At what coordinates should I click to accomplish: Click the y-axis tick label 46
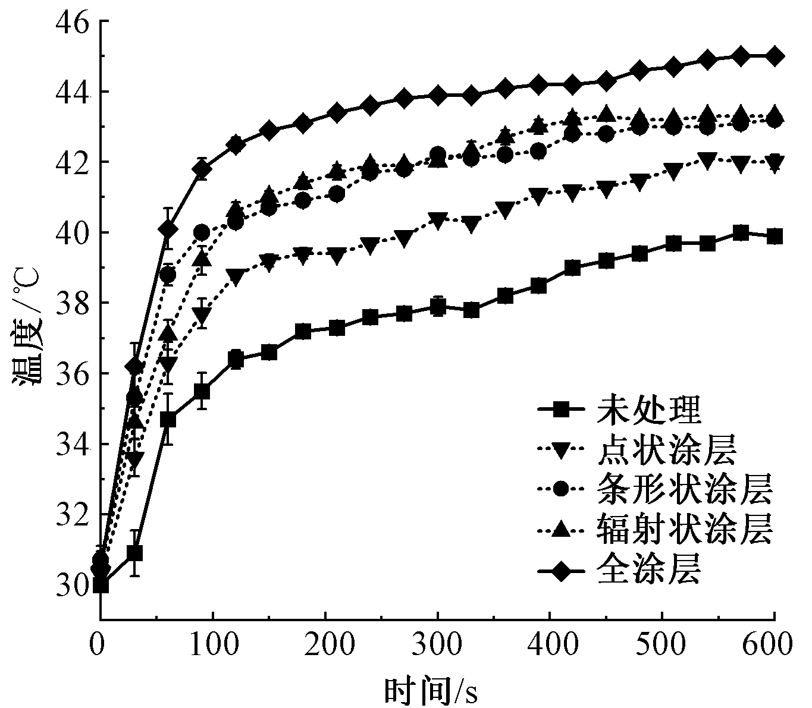[72, 22]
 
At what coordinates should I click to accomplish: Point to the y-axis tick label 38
[72, 303]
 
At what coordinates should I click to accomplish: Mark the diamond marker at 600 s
[775, 56]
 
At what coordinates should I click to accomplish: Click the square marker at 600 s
[775, 237]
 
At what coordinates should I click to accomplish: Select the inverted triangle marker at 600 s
[775, 163]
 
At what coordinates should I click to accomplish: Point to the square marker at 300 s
[438, 307]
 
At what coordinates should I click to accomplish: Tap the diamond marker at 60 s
[168, 229]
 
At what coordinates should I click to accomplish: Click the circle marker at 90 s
[202, 232]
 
